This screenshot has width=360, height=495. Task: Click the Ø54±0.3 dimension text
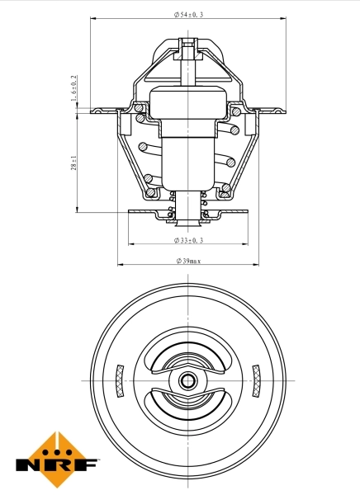pos(189,16)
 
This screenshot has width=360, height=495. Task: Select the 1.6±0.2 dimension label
pos(74,88)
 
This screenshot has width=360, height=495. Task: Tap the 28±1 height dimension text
pos(74,163)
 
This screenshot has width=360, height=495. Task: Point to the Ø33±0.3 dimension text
pos(189,240)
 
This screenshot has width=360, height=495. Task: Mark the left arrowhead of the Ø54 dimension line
pos(92,22)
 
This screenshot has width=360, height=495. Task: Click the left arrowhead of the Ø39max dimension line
pos(122,266)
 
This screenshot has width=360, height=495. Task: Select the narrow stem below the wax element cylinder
pos(190,203)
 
